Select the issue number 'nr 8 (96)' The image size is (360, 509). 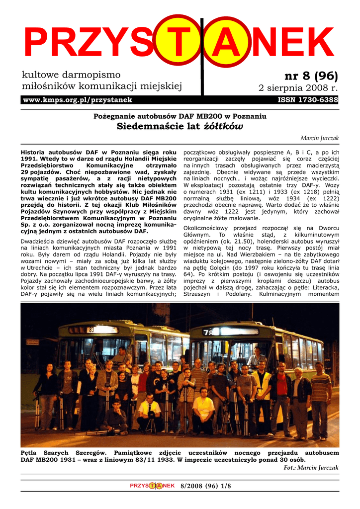click(311, 76)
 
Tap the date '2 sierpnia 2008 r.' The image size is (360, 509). click(298, 88)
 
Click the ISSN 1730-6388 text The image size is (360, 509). click(308, 100)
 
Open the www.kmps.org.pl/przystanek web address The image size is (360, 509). click(78, 100)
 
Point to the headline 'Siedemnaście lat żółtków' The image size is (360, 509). click(180, 126)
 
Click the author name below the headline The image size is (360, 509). click(319, 138)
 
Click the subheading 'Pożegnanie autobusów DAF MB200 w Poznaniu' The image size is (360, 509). click(180, 116)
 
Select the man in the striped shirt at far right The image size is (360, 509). click(320, 398)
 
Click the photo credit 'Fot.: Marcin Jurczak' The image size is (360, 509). click(311, 468)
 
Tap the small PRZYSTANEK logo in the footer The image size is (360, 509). click(152, 486)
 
